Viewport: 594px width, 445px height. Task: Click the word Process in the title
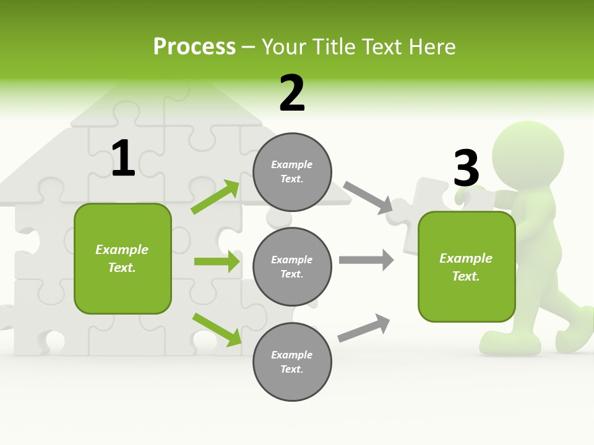[194, 47]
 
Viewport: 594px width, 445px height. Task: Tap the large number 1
[123, 158]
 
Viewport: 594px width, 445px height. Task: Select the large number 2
[292, 93]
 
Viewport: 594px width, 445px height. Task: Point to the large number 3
[466, 168]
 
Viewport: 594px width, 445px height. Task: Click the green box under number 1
[123, 258]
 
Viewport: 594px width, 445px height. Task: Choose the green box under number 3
[466, 266]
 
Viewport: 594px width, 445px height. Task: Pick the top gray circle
[292, 171]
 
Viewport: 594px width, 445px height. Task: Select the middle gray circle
[292, 266]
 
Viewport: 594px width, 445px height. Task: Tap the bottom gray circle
[292, 362]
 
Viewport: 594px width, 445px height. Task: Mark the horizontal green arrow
[217, 261]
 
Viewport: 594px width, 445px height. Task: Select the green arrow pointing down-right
[217, 329]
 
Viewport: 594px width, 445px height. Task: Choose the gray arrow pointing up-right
[364, 328]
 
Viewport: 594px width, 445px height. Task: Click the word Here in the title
[433, 47]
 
